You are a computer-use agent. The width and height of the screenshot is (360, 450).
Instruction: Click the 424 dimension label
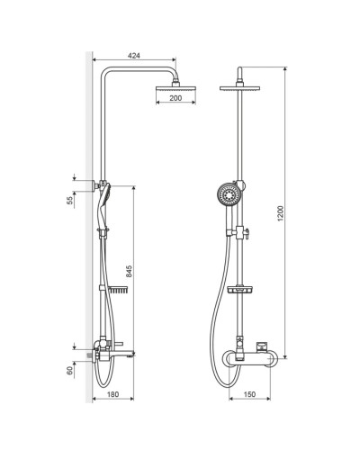click(x=134, y=56)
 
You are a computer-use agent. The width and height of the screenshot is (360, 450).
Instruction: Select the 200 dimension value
click(x=175, y=98)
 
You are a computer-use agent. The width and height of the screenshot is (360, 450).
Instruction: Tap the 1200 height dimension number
click(x=280, y=213)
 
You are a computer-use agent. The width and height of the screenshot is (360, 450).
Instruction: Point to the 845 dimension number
click(x=129, y=271)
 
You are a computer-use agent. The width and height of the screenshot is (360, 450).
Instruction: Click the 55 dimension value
click(x=70, y=200)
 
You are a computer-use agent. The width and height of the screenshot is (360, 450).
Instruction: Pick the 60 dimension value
click(x=70, y=371)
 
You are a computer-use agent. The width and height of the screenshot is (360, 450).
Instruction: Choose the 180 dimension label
click(x=112, y=394)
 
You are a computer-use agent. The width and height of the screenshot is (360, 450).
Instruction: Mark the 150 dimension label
click(x=249, y=394)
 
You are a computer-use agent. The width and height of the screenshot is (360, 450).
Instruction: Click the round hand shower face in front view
click(x=229, y=194)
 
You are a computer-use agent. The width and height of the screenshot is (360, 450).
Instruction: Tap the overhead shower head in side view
click(x=175, y=89)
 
